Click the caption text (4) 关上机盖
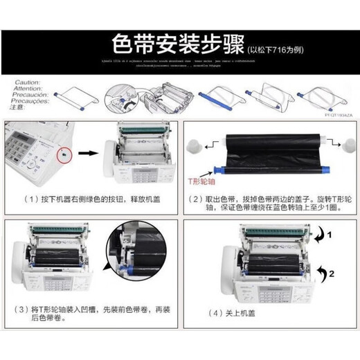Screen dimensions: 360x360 pos(229,313)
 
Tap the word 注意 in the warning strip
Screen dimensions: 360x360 pos(21,107)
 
